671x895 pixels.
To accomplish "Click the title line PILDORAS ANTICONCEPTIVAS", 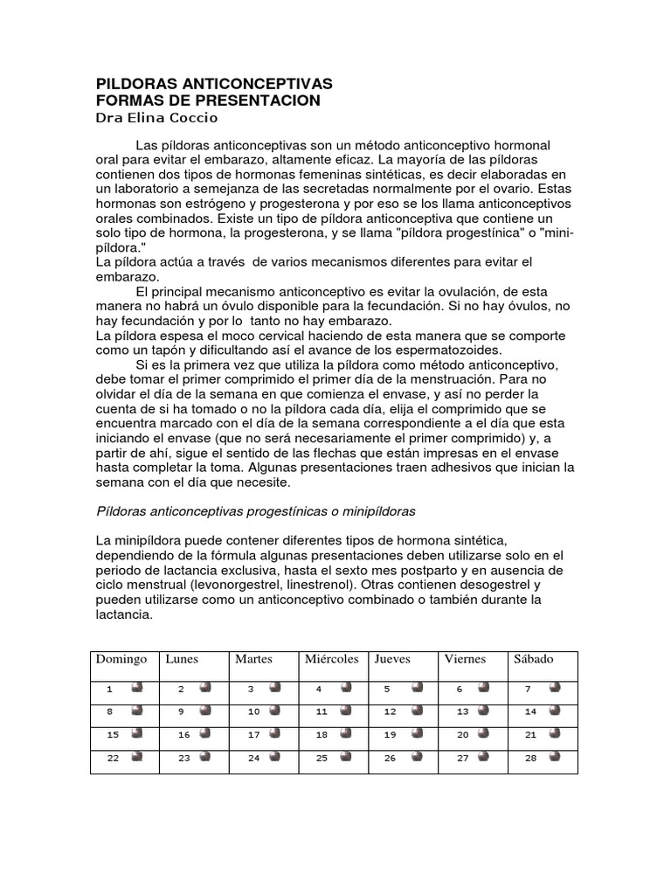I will [x=214, y=84].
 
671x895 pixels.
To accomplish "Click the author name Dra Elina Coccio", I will [x=157, y=117].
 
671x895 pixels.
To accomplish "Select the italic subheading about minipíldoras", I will [x=255, y=510].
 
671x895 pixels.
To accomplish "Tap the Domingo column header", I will [x=121, y=659].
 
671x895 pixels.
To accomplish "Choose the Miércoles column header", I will [x=331, y=659].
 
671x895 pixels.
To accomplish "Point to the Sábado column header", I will [x=534, y=659].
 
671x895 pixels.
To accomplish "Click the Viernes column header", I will [x=465, y=659].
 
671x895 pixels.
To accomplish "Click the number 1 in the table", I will [x=110, y=689].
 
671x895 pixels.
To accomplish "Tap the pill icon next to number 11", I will [x=346, y=711].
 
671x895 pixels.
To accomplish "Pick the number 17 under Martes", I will [x=253, y=735].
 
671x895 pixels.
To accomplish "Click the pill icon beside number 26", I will [x=416, y=757].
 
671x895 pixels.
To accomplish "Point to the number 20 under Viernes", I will [x=463, y=735].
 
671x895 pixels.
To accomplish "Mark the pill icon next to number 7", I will [x=555, y=688].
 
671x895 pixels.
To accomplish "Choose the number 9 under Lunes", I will [x=181, y=711].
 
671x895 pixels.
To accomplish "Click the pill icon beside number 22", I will [x=137, y=757].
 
